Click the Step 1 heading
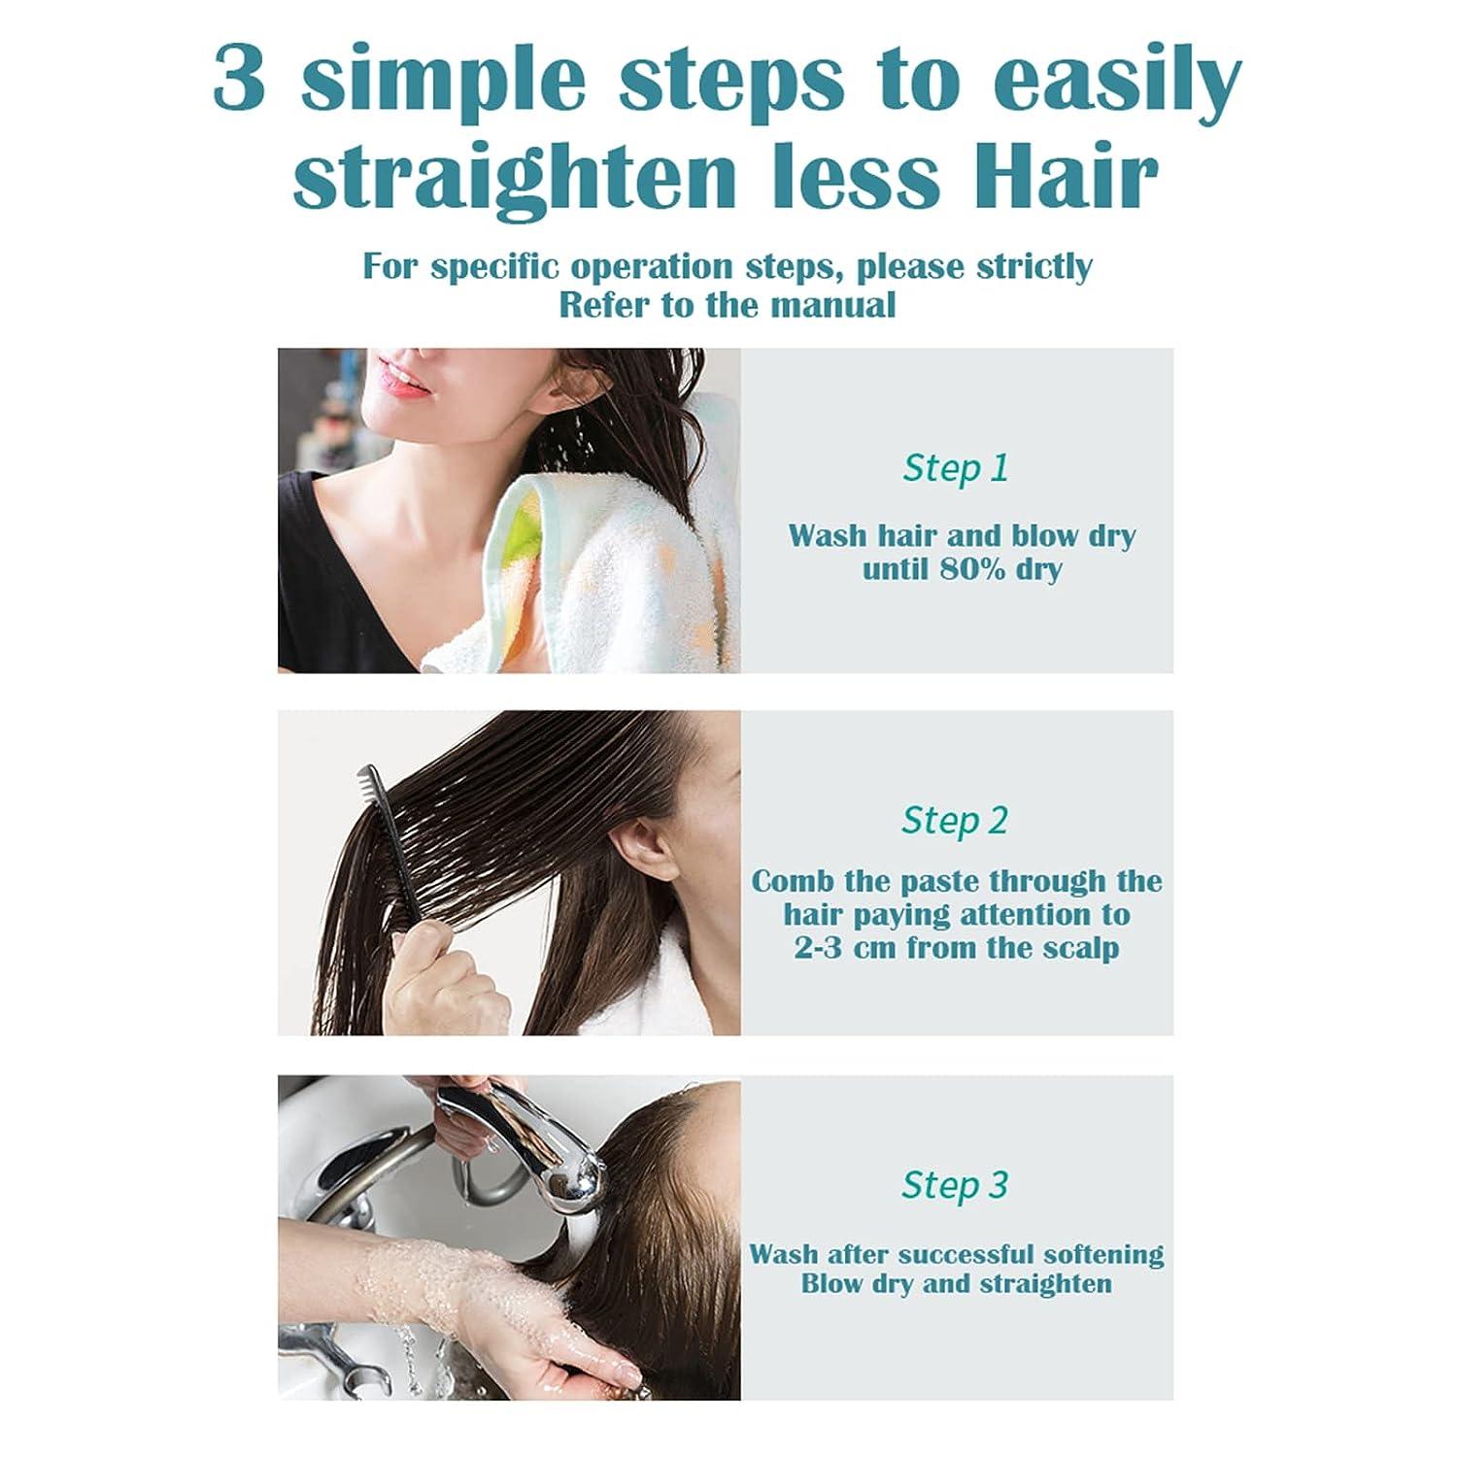click(956, 468)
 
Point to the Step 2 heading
click(955, 821)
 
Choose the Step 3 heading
click(955, 1185)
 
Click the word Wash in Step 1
click(825, 535)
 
